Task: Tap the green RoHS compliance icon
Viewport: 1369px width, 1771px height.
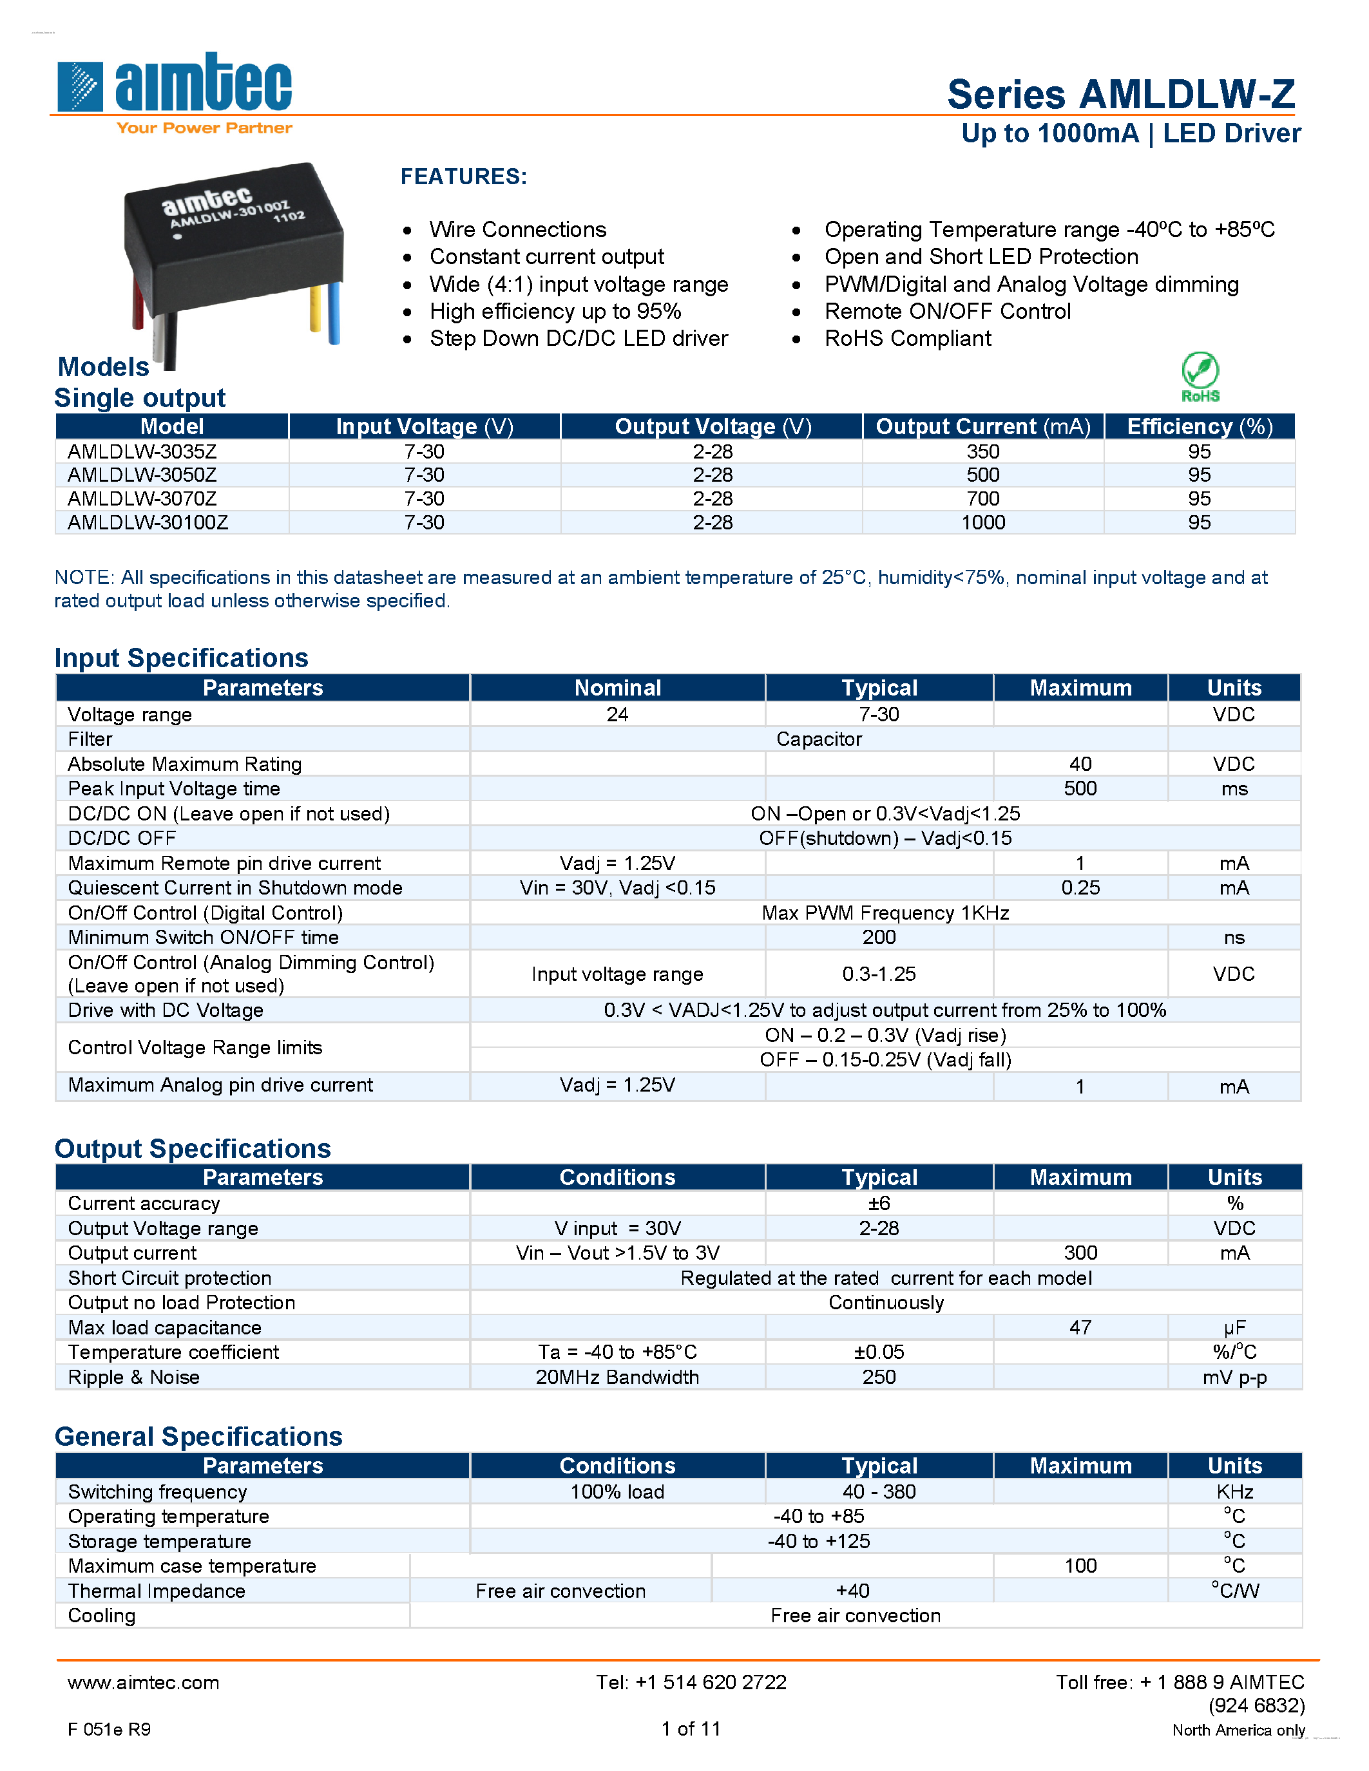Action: (x=1200, y=376)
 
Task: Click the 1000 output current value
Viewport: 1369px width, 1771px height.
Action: (x=983, y=523)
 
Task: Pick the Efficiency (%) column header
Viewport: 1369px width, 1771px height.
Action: (x=1200, y=426)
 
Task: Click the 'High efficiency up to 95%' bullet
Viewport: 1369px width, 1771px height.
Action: (x=555, y=312)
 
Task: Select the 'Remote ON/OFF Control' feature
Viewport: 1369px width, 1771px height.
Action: (x=947, y=312)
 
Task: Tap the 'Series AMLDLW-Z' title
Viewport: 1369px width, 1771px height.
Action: (x=1121, y=95)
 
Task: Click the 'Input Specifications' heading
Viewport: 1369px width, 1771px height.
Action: (x=182, y=658)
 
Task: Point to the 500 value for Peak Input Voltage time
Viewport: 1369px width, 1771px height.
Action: (x=1080, y=789)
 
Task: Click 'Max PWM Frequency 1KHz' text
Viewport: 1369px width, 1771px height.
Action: (x=885, y=913)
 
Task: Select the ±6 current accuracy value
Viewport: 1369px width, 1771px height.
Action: (x=879, y=1204)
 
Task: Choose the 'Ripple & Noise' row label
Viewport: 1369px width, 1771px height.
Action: (x=134, y=1377)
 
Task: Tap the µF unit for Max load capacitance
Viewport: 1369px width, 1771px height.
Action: (x=1234, y=1328)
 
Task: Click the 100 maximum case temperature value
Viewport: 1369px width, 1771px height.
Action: (x=1080, y=1566)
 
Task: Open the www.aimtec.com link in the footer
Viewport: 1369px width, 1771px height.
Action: (x=144, y=1683)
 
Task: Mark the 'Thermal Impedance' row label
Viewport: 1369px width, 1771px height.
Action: (x=157, y=1591)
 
